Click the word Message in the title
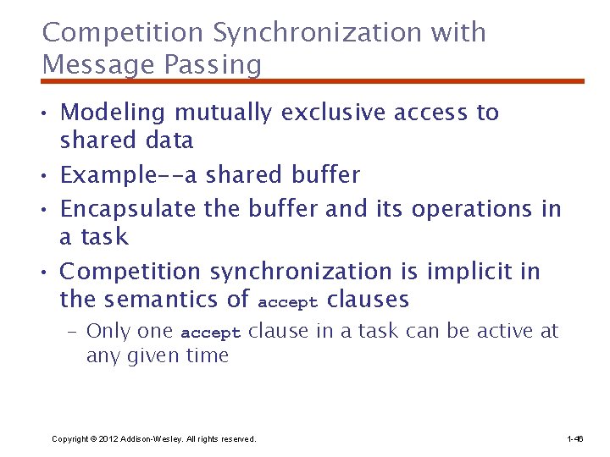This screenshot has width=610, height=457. click(90, 64)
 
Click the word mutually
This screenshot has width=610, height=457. click(225, 113)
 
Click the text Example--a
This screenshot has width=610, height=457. click(127, 175)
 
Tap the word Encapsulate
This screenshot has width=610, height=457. click(128, 208)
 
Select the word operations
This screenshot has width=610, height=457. click(455, 208)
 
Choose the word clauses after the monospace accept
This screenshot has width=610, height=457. click(368, 299)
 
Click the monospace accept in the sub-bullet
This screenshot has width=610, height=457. click(211, 333)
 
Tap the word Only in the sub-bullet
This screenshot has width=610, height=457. click(106, 331)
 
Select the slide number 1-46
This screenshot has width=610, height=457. click(574, 439)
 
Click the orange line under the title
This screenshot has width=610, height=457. click(313, 81)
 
